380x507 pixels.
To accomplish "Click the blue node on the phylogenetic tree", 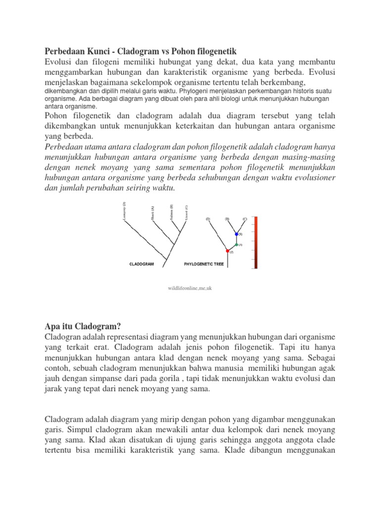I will point(236,234).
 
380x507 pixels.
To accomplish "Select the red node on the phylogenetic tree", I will point(228,251).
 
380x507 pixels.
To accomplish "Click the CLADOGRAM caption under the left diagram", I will point(142,264).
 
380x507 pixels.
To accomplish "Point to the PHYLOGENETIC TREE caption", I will point(204,264).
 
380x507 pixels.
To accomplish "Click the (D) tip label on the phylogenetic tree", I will point(208,218).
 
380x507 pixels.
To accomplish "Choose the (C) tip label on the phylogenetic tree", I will point(244,218).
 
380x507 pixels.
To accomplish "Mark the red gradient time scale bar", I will point(255,243).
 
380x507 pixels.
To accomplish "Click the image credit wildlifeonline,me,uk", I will point(190,288).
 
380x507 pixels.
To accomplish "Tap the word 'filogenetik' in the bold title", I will point(213,51).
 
